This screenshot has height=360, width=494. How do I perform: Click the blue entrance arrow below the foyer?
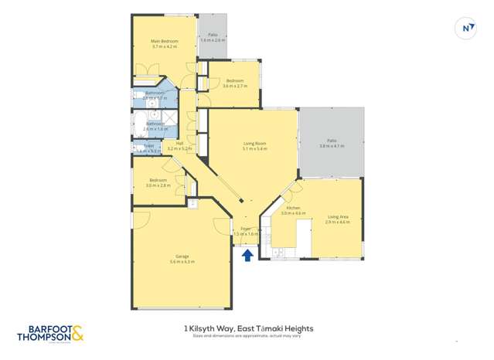point(247,254)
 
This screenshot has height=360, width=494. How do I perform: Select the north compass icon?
point(468,29)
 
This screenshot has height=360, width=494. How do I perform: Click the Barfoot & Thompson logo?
point(49,333)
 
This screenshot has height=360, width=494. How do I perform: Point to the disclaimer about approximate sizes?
point(247,336)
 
